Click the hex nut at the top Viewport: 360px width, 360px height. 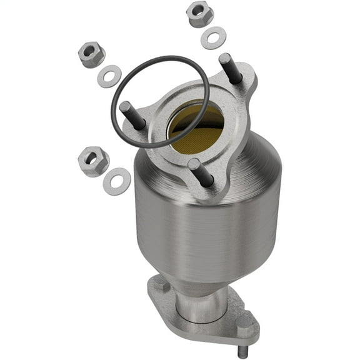pos(200,14)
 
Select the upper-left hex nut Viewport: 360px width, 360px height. pos(91,54)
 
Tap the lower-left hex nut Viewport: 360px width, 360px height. pos(94,161)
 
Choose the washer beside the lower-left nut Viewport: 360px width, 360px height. pos(117,181)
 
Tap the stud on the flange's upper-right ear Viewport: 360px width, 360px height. pos(230,69)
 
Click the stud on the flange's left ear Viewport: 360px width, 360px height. pos(133,115)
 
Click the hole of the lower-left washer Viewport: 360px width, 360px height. pos(117,181)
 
